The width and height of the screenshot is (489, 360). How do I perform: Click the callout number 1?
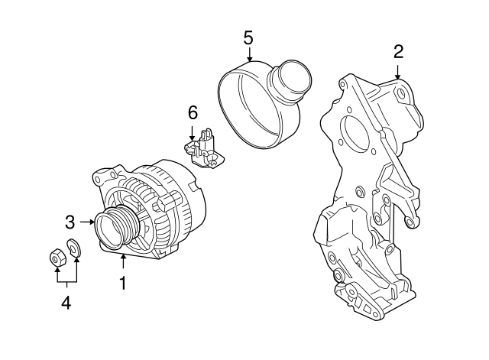click(121, 284)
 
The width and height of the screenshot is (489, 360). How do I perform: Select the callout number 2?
click(398, 52)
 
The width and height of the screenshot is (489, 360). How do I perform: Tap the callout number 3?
click(70, 222)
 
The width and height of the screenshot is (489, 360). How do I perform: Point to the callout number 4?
click(66, 303)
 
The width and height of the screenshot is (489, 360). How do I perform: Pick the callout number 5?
click(248, 37)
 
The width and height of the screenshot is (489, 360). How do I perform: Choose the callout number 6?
click(193, 113)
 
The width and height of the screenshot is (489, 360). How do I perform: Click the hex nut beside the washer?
click(56, 258)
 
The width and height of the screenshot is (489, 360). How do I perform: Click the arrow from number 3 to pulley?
click(86, 222)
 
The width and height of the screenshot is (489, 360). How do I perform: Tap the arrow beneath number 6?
click(193, 131)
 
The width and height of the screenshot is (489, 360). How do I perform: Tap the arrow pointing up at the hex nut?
click(56, 274)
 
